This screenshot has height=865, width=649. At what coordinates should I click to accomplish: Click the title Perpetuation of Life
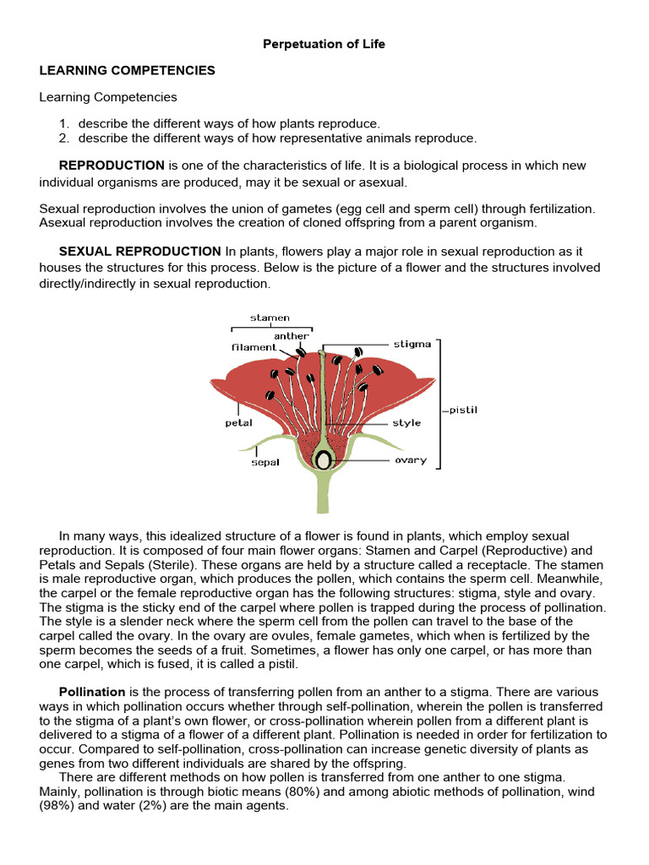(324, 44)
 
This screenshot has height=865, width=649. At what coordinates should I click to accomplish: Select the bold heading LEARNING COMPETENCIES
(127, 71)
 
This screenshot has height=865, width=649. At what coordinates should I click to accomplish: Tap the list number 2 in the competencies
(64, 138)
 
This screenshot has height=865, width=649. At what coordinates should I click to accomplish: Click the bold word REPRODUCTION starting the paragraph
(112, 166)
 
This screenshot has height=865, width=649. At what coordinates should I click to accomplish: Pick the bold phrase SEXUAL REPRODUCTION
(139, 251)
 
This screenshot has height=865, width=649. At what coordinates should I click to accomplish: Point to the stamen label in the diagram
(270, 318)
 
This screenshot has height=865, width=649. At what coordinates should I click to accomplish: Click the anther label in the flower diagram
(292, 335)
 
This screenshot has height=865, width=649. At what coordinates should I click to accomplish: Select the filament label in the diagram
(254, 347)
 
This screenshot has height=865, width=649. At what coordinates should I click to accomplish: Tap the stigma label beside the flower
(412, 344)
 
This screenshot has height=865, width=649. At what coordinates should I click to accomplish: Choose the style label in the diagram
(406, 422)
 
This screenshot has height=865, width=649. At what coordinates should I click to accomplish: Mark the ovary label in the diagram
(411, 460)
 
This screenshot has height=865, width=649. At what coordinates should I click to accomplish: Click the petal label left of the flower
(238, 422)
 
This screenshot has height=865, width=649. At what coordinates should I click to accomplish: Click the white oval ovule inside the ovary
(323, 460)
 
